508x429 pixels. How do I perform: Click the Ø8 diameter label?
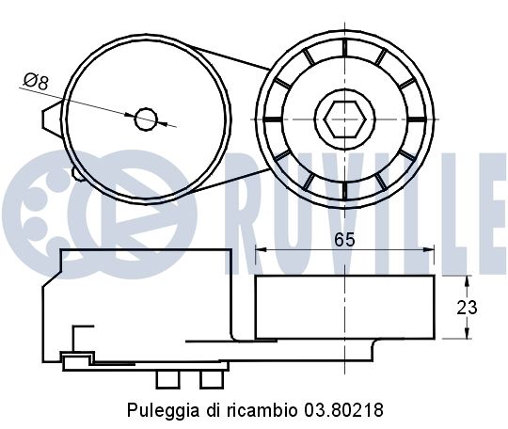[35, 82]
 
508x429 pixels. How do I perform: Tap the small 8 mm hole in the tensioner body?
[145, 118]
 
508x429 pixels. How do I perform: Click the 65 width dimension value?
[344, 239]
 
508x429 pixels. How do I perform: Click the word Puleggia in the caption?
[154, 411]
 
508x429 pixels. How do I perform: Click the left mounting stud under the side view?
[168, 377]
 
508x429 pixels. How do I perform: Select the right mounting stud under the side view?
[210, 377]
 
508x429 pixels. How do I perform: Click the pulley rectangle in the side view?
[344, 307]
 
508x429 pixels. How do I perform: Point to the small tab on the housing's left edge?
[47, 118]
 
